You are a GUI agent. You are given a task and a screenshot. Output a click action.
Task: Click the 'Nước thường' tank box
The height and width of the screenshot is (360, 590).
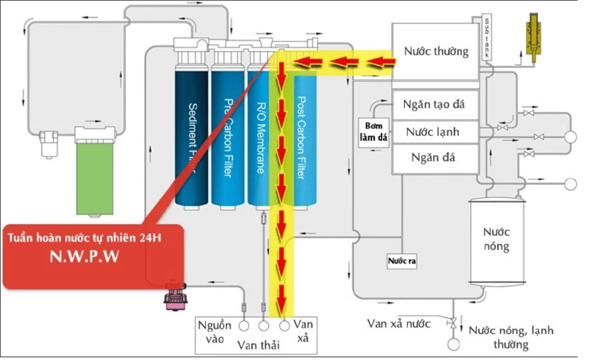435,52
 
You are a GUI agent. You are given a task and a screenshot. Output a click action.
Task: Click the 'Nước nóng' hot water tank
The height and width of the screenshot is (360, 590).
496,239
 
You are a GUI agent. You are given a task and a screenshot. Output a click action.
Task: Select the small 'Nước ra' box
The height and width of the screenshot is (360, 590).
402,260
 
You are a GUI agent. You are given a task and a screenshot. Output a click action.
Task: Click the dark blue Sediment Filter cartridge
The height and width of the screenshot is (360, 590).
192,136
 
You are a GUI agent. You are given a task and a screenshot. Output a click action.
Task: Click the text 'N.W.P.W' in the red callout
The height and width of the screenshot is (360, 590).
94,258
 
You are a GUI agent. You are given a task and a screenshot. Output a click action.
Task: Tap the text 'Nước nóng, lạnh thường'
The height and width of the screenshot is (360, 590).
511,338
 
